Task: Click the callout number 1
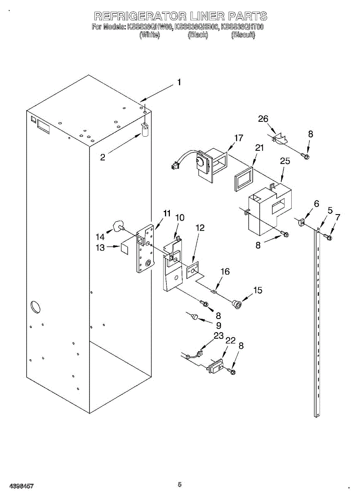click(x=179, y=82)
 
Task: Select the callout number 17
click(x=239, y=138)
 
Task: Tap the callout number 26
click(x=263, y=119)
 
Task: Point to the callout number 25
click(x=285, y=161)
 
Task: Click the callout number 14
click(x=100, y=236)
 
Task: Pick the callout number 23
click(x=218, y=335)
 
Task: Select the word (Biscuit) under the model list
click(x=243, y=35)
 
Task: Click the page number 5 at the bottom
click(x=180, y=484)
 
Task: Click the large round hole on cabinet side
click(x=35, y=307)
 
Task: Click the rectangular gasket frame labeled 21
click(x=243, y=179)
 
